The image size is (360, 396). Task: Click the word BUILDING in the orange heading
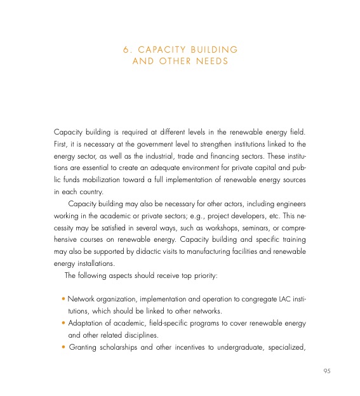pyautogui.click(x=211, y=49)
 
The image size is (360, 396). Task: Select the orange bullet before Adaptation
pyautogui.click(x=63, y=323)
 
